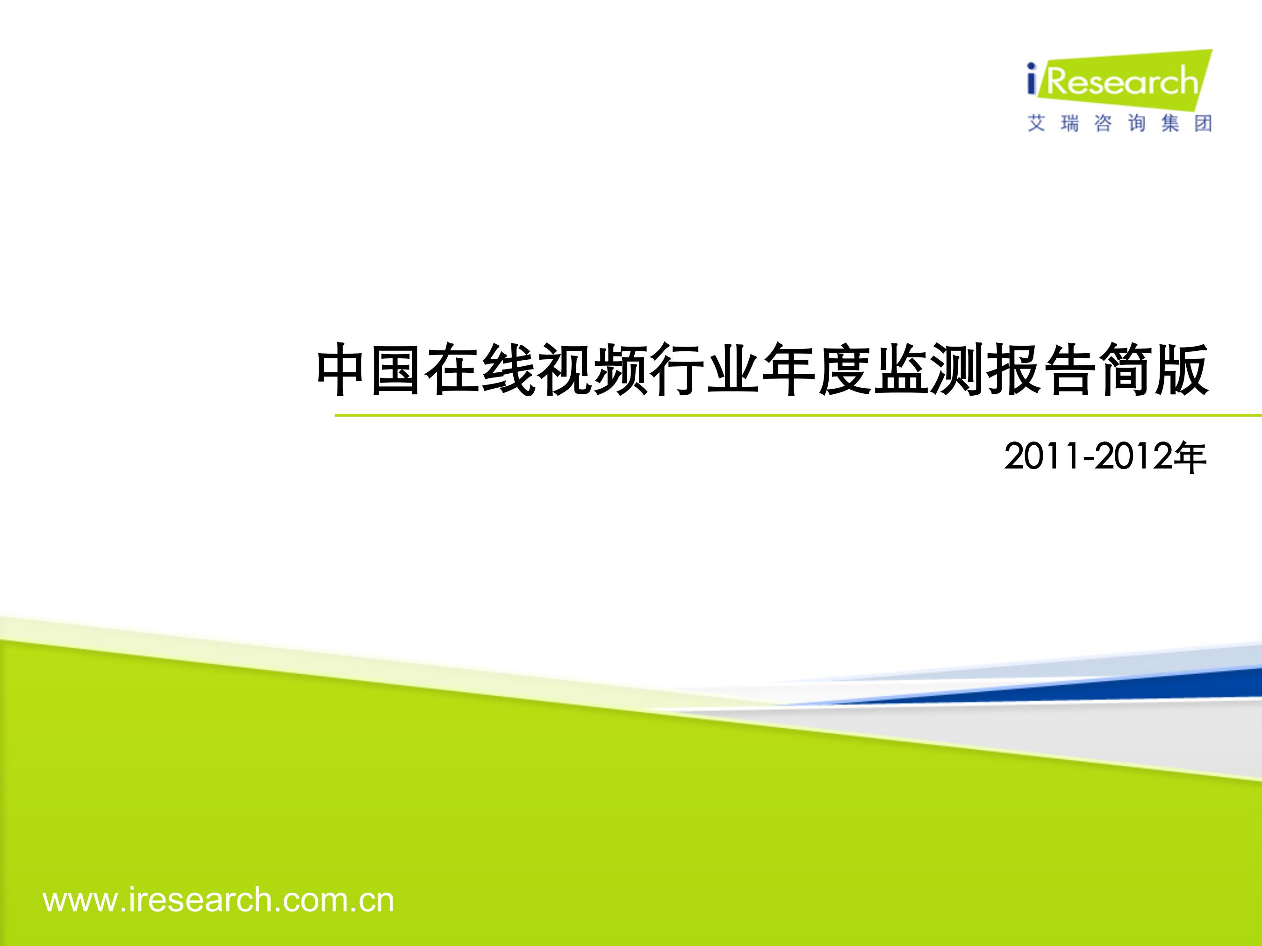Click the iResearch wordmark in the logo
click(1112, 81)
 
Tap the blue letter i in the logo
click(1032, 80)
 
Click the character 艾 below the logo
click(1037, 123)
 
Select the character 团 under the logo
click(1203, 123)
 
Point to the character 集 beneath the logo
click(1169, 123)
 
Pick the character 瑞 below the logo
click(1070, 123)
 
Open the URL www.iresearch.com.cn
click(218, 900)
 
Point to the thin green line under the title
click(798, 416)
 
